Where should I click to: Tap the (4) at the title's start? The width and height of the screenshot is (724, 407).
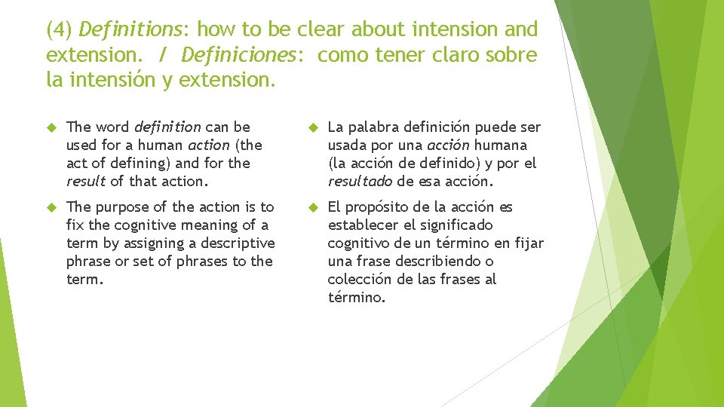coord(60,30)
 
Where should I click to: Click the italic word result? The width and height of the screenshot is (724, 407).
coord(86,181)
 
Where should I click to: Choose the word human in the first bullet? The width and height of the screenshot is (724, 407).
coord(156,145)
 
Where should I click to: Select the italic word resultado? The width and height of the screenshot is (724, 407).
coord(360,181)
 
